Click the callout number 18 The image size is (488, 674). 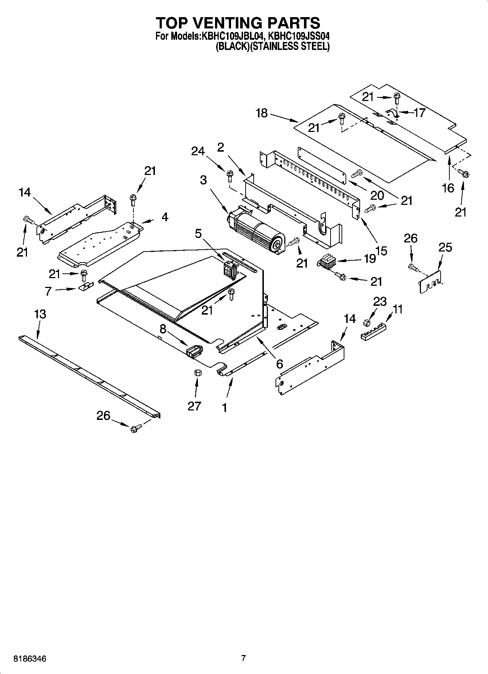coord(262,113)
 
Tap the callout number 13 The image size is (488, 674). coord(40,314)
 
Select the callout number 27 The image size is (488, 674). coord(194,406)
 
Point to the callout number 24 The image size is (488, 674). coord(198,151)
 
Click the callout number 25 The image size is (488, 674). coord(445,248)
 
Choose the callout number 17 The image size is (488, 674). coord(419,113)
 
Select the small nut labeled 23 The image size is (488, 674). coord(367,322)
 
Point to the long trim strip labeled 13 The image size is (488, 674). coord(89,375)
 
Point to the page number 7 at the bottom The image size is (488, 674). coord(243,658)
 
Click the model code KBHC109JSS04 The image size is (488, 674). coord(299,36)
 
